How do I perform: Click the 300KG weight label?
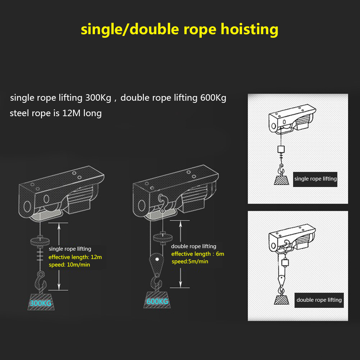tap(40, 303)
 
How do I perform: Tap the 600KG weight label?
tap(157, 301)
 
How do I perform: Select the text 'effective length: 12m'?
tap(75, 257)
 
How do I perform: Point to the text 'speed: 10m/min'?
tap(69, 265)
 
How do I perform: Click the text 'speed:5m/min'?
tap(190, 261)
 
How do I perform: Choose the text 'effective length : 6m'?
tap(197, 254)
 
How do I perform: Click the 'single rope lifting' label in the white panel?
tap(315, 179)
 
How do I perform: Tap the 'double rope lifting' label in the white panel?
tap(319, 300)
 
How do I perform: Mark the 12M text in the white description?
tap(72, 113)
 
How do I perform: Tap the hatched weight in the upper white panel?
tap(281, 179)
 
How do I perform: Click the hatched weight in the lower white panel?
tap(281, 299)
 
